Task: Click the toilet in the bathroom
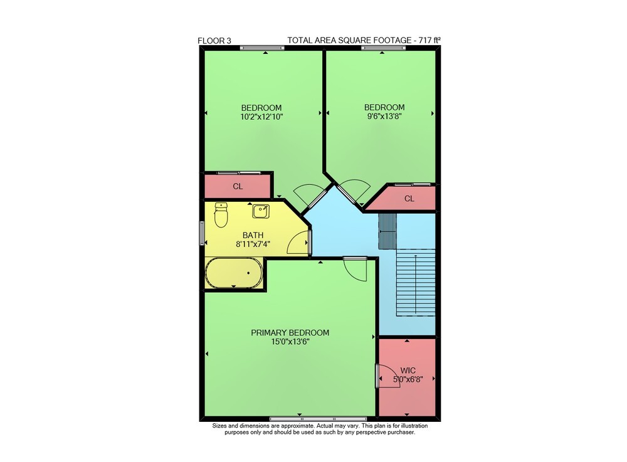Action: tap(221, 214)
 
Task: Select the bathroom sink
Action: tap(261, 211)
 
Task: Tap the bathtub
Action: tap(234, 273)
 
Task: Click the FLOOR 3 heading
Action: tap(214, 41)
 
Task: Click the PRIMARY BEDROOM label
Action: tap(290, 332)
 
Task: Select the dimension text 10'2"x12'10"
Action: tap(261, 117)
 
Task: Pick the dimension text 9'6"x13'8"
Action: tap(384, 117)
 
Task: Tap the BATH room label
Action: tap(253, 236)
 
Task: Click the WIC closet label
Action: tap(408, 370)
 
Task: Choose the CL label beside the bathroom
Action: tap(238, 186)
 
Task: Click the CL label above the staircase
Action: tap(409, 198)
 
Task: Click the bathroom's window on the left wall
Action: tap(202, 233)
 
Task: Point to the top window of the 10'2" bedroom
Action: tap(262, 48)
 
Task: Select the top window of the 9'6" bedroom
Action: tap(384, 48)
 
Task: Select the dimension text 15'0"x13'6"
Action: tap(290, 342)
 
